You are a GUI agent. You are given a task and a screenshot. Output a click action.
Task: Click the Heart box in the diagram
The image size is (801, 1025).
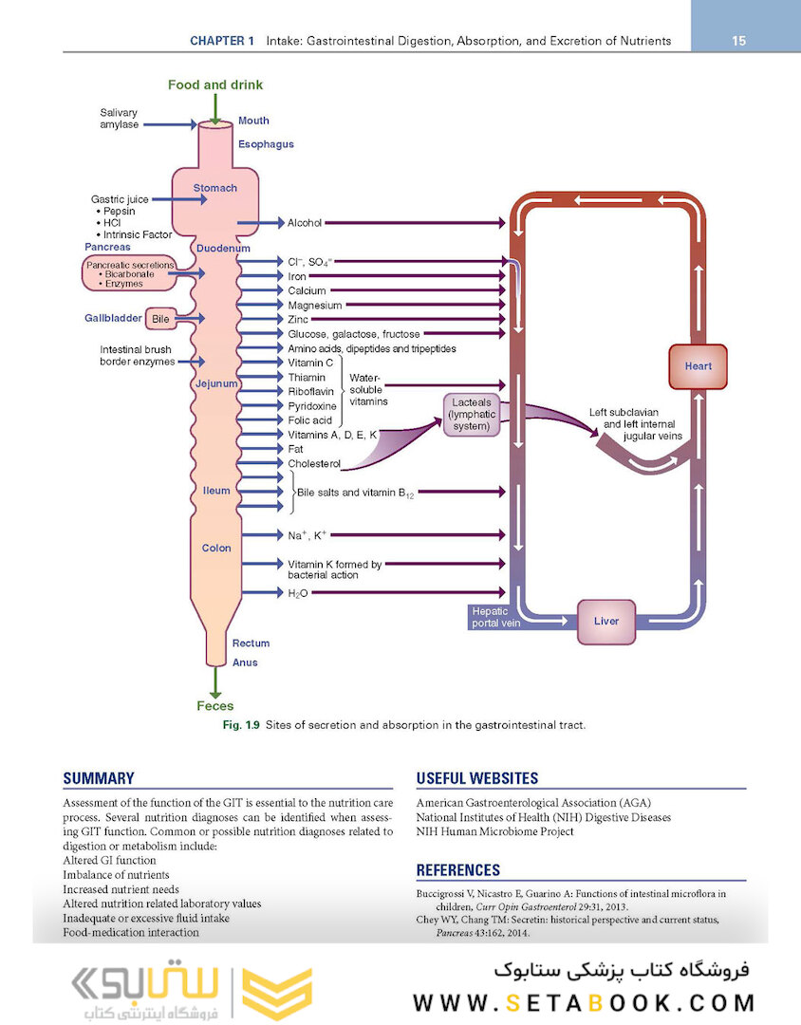[698, 366]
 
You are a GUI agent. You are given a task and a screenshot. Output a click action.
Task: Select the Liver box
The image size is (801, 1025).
[606, 621]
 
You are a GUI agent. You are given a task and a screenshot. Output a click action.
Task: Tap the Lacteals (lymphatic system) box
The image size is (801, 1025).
[472, 415]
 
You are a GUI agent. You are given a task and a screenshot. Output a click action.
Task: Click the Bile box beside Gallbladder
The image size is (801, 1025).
[161, 319]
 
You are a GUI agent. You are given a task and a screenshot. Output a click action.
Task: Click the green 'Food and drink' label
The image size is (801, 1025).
[215, 85]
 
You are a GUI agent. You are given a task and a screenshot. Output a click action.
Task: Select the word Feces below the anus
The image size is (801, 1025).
[215, 706]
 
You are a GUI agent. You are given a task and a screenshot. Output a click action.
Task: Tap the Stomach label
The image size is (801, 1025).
[215, 188]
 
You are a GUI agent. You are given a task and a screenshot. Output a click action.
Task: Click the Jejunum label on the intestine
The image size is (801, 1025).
[216, 384]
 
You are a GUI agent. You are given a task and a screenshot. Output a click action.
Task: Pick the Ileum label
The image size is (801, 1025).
[216, 491]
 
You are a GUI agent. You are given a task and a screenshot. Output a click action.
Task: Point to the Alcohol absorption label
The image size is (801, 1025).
[305, 223]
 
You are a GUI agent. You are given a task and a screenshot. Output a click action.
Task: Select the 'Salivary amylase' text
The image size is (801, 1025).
[119, 119]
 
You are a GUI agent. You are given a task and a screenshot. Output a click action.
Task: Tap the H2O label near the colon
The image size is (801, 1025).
[298, 593]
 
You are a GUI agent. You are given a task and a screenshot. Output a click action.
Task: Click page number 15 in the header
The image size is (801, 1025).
[739, 41]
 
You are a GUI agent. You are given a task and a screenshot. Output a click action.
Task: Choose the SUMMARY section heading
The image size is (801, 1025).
[99, 778]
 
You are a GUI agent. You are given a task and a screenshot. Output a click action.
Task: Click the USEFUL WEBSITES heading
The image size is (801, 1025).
[477, 778]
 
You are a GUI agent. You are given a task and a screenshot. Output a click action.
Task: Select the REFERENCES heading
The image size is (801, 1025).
[458, 869]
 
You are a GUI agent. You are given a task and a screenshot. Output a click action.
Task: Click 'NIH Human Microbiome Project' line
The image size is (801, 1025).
[494, 831]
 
